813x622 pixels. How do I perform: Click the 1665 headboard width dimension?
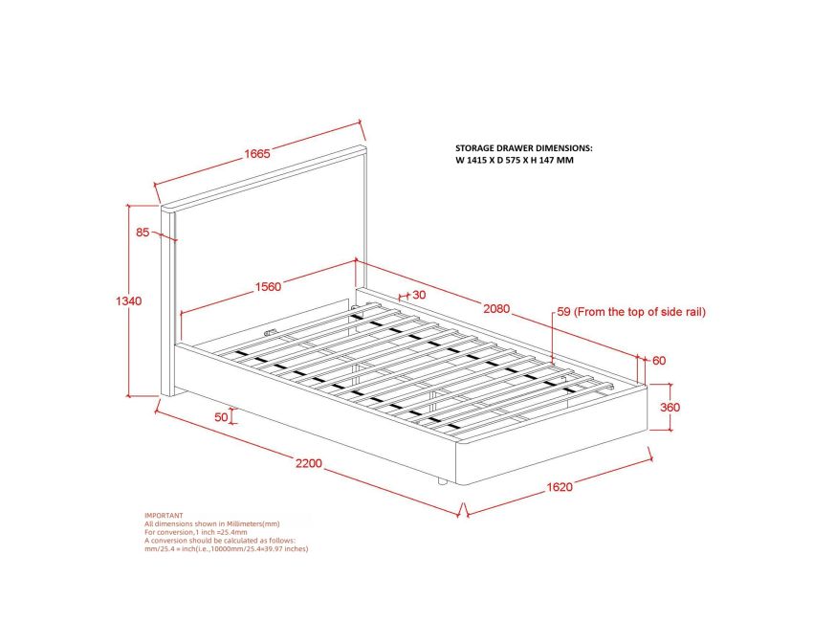coord(255,154)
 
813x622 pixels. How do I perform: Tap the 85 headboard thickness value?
coord(143,232)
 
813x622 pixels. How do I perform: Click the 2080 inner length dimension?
coord(496,309)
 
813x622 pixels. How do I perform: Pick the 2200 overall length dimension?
coord(307,464)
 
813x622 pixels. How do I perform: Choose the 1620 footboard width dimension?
coord(560,487)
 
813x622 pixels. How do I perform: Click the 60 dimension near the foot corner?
coord(659,361)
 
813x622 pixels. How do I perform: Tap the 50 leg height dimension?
coord(222,416)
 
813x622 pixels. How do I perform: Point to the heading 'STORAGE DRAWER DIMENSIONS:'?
coord(523,149)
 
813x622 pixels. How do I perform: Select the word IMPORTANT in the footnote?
coord(164,515)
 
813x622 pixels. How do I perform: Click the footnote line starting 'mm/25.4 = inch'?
coord(226,549)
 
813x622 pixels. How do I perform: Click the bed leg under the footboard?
coord(441,480)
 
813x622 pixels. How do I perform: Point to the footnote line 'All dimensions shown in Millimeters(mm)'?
coord(211,523)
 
